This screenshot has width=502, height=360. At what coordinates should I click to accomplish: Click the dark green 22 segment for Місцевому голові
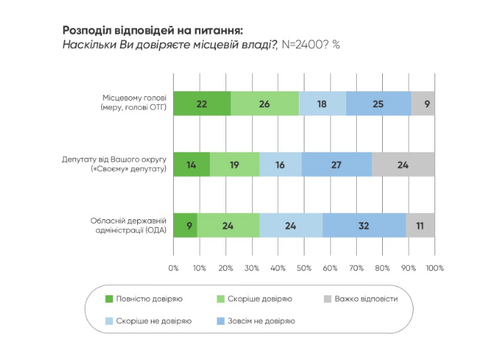point(202,103)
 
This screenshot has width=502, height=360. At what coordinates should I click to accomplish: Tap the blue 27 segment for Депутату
point(337,165)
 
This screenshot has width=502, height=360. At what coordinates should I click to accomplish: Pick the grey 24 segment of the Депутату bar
point(403,165)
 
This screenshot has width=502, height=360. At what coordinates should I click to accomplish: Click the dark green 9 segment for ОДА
point(185,226)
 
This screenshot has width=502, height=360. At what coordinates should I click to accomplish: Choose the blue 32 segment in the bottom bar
point(364,226)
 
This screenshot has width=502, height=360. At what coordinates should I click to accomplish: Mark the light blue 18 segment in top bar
point(322,103)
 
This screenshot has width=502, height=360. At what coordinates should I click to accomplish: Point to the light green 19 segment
point(235,165)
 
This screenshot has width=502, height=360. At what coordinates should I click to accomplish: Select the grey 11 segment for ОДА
point(420,226)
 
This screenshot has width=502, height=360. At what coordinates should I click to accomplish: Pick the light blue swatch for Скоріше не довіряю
point(110,321)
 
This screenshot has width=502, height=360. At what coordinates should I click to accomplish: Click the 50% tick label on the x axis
point(304,268)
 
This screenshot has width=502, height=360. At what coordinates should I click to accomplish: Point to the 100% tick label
point(434,268)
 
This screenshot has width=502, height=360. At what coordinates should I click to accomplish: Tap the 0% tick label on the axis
point(173,268)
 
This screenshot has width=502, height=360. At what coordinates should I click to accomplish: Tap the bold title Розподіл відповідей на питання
point(153,30)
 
